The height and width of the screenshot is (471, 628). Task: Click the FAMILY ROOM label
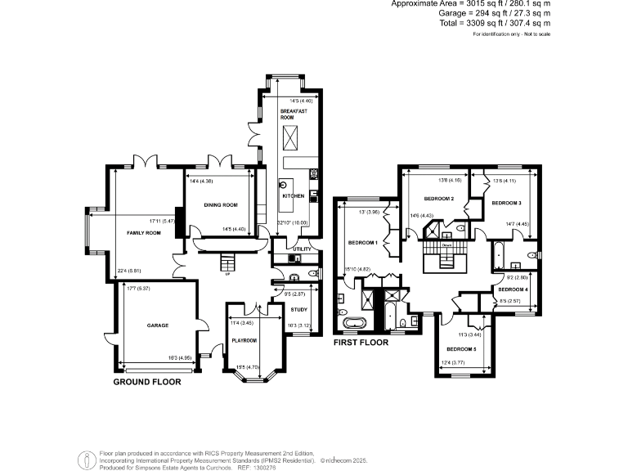[x=143, y=233]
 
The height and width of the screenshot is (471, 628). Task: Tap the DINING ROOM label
[x=221, y=204]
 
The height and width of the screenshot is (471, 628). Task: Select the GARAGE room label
[x=158, y=325]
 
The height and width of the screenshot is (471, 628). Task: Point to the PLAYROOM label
[x=244, y=340]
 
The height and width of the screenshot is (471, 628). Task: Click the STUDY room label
[x=299, y=309]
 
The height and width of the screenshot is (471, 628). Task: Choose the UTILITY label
[x=303, y=249]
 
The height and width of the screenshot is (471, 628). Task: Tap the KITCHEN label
[x=294, y=196]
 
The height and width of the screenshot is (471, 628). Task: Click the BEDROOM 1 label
[x=362, y=243]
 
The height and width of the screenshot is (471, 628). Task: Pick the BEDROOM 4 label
[x=514, y=289]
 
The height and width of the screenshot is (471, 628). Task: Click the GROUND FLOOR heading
[x=147, y=382]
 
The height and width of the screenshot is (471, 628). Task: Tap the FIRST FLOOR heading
[x=361, y=343]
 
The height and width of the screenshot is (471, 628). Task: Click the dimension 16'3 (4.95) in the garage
[x=180, y=357]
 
